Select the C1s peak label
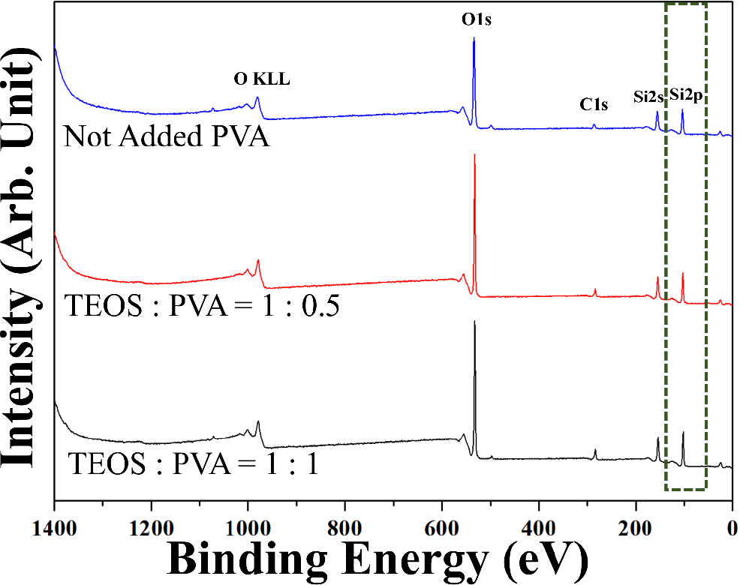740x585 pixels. [x=594, y=105]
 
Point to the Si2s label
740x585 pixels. [x=648, y=95]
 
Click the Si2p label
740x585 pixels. [x=687, y=95]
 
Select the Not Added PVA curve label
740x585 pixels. [x=167, y=137]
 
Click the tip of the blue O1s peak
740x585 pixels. [x=474, y=38]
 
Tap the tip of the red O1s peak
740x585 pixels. [x=474, y=154]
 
